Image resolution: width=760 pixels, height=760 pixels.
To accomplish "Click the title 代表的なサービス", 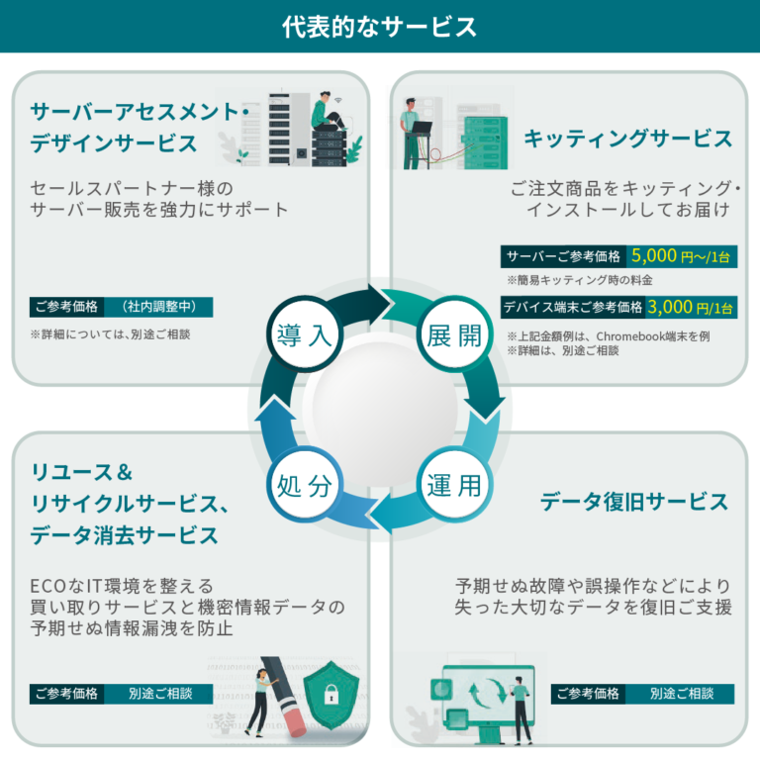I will (380, 27).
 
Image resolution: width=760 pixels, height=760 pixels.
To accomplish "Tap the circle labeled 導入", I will (304, 334).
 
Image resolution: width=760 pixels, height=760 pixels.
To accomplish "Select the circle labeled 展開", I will (454, 334).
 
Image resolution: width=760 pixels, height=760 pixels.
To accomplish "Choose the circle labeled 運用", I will (454, 485).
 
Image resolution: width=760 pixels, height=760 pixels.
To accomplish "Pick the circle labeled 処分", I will (304, 485).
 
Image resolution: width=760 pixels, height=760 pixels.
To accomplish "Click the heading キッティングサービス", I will (627, 139).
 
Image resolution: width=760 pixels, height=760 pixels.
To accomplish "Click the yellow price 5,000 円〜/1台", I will (682, 254).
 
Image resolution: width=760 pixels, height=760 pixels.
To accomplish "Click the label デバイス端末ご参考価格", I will (573, 308).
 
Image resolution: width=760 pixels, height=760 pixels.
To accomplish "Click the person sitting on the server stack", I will (326, 117).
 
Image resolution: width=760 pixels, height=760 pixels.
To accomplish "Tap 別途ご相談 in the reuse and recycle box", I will (159, 694).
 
